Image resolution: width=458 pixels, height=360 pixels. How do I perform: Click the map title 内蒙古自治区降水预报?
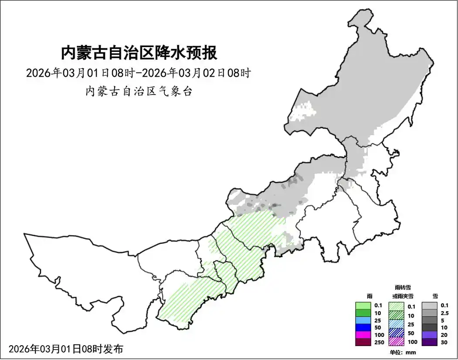(x=139, y=53)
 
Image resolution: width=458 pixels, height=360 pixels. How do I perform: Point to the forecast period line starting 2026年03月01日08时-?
(x=138, y=73)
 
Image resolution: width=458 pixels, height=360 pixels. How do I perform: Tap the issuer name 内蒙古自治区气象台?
(x=139, y=92)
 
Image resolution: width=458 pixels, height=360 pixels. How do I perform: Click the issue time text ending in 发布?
(x=66, y=349)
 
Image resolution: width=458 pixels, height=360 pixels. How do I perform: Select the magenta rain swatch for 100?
(x=363, y=335)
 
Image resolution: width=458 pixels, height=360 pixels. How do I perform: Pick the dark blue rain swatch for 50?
(x=363, y=327)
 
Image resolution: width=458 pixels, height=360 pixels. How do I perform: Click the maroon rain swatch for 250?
(x=363, y=342)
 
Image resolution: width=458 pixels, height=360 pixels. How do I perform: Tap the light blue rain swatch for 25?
(x=363, y=320)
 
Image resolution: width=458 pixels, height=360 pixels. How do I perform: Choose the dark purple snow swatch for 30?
(x=430, y=342)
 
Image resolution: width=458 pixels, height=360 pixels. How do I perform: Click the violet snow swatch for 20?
(x=430, y=335)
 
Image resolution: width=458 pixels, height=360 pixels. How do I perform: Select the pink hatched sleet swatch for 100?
(x=397, y=342)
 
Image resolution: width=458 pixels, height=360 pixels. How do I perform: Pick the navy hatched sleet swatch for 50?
(x=397, y=333)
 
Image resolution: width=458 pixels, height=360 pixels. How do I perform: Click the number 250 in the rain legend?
(x=379, y=343)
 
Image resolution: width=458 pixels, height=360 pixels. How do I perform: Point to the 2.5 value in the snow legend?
(x=444, y=313)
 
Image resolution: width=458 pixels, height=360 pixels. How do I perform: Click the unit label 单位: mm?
(x=403, y=352)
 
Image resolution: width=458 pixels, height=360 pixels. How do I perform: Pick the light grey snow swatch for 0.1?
(x=430, y=306)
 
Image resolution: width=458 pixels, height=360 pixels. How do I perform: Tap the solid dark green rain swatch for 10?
(x=363, y=312)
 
